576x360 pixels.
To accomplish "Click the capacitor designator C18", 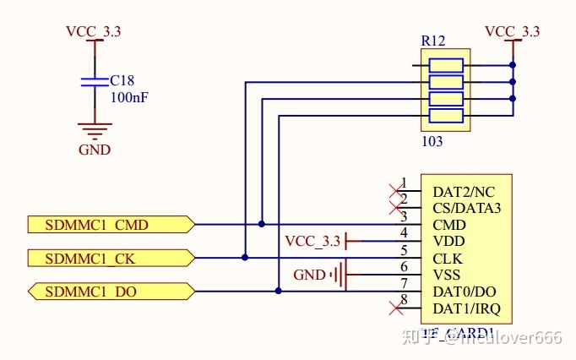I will tap(122, 81).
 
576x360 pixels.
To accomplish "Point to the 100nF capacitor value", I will tap(130, 97).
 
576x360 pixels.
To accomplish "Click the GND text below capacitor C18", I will tap(95, 150).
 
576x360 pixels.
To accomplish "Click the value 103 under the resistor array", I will tap(432, 141).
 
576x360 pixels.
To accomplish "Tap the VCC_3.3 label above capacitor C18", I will tap(93, 31).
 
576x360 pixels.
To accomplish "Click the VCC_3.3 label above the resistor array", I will tap(512, 31).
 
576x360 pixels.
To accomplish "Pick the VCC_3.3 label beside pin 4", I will tap(312, 242).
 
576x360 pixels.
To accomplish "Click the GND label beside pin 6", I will tap(309, 275).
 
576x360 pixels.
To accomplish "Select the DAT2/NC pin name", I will tap(464, 192).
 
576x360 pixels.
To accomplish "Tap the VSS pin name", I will tap(447, 275).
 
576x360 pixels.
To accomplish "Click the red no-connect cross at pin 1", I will tap(393, 189).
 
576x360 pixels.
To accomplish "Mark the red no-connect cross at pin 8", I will tap(393, 306).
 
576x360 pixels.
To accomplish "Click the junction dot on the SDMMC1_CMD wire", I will tap(262, 225).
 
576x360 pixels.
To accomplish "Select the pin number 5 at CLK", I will tap(404, 250).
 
